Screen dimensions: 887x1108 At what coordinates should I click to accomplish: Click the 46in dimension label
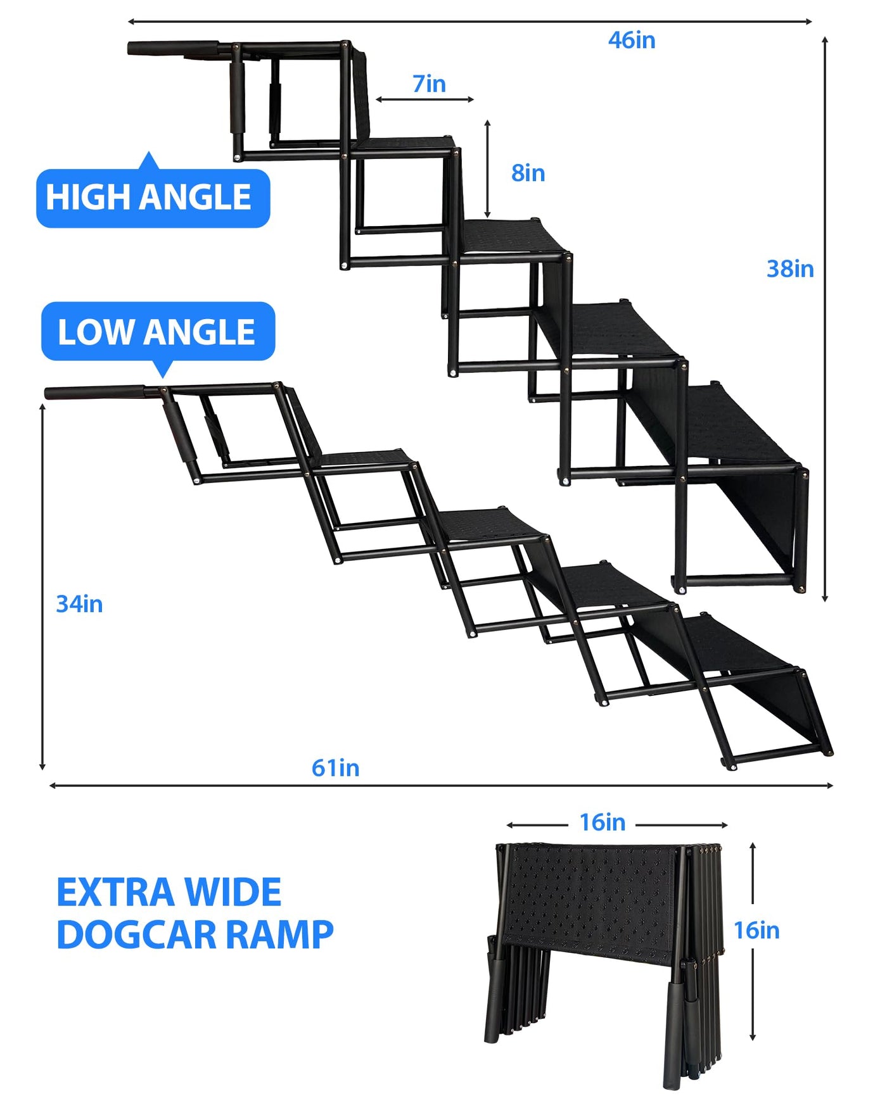coord(632,41)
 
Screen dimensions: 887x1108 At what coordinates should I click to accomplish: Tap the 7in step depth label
coord(429,84)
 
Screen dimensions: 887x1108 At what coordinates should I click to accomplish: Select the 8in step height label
coord(528,173)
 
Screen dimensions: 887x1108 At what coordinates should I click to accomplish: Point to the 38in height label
coord(790,269)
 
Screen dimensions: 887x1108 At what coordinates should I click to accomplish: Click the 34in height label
coord(79,604)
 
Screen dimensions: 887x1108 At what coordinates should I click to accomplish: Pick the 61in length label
coord(335,768)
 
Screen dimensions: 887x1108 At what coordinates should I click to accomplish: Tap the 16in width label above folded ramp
coord(603,822)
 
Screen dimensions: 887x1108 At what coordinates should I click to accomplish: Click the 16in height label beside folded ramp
coord(756,931)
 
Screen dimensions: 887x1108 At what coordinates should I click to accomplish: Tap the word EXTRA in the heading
coord(116,893)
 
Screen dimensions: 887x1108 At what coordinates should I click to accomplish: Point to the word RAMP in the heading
coord(279,935)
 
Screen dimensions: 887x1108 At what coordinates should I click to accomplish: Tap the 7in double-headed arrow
coord(424,99)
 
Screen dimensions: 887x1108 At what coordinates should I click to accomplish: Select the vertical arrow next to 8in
coord(487,169)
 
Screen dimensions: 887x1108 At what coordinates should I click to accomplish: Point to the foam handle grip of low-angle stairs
coord(95,393)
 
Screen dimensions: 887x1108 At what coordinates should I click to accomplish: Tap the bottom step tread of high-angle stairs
coord(741,427)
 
